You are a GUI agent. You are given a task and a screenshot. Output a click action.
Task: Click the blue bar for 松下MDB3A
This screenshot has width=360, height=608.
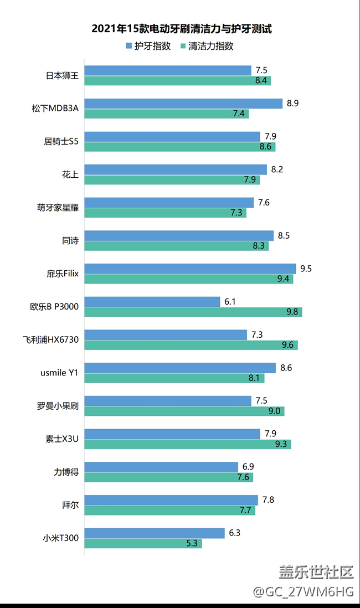click(183, 104)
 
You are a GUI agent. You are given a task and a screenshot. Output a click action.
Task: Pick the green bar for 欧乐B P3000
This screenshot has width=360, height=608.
click(193, 312)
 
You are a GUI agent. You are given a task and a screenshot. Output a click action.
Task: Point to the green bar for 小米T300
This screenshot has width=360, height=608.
click(143, 543)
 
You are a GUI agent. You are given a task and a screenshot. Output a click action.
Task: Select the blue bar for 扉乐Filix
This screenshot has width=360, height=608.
click(190, 269)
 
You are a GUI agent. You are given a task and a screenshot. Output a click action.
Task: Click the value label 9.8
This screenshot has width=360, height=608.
click(292, 312)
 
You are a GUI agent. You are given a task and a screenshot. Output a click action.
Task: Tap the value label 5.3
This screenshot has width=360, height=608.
click(192, 543)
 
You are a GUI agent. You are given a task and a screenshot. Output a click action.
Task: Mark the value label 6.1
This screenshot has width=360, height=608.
click(230, 301)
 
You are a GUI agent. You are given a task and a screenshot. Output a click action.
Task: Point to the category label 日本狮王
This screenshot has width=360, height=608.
click(62, 75)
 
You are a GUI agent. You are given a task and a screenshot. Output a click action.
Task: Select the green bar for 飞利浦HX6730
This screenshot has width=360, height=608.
click(191, 345)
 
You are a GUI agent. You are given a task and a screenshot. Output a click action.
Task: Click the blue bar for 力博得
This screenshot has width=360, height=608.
click(161, 467)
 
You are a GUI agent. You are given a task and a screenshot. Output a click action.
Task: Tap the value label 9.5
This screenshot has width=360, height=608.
click(306, 269)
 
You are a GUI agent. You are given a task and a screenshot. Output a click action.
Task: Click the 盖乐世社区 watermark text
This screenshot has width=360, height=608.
click(316, 571)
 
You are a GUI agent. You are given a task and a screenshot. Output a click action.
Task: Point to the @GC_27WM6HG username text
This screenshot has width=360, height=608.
click(303, 591)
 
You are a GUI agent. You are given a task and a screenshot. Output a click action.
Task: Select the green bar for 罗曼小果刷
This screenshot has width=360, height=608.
click(184, 411)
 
